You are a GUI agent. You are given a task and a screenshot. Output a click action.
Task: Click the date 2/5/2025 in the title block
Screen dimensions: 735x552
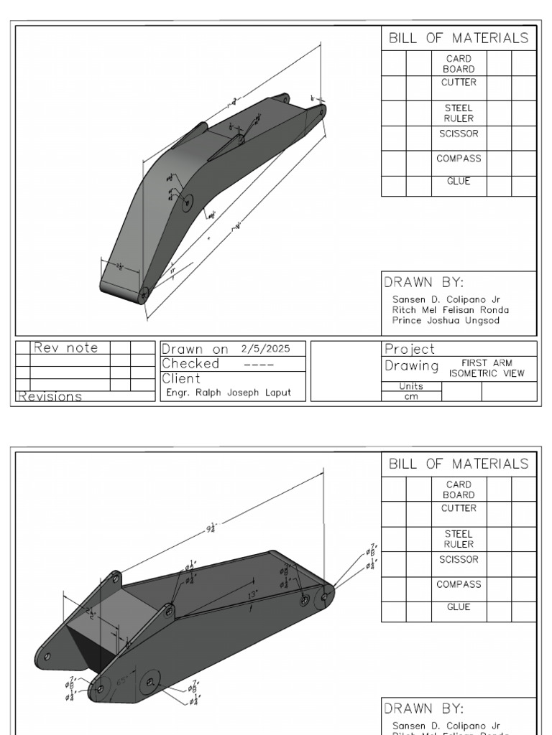click(266, 349)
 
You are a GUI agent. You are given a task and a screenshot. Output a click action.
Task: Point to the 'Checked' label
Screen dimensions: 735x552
click(190, 364)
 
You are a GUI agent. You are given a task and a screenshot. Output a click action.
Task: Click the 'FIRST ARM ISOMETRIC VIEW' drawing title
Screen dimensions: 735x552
click(487, 367)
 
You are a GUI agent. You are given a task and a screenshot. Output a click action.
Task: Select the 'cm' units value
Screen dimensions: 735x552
click(411, 395)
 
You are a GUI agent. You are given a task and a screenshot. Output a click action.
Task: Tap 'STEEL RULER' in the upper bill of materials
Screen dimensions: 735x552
click(459, 113)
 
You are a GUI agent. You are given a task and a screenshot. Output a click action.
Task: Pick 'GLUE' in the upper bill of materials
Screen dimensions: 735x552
click(459, 182)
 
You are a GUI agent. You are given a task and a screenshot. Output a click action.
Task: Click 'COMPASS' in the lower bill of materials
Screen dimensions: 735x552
click(459, 584)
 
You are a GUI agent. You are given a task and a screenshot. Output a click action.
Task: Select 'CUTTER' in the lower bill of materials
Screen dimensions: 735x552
click(459, 508)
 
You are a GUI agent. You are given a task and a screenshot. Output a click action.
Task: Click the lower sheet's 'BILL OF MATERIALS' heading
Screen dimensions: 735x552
click(459, 464)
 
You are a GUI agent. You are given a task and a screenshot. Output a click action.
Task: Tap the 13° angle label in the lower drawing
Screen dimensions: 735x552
click(252, 595)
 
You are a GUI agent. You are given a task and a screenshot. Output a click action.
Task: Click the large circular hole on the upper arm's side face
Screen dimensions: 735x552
click(188, 203)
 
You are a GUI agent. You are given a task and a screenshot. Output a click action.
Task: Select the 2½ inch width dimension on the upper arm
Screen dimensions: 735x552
click(121, 266)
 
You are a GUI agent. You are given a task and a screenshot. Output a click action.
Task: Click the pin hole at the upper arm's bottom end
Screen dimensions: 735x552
click(144, 293)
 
